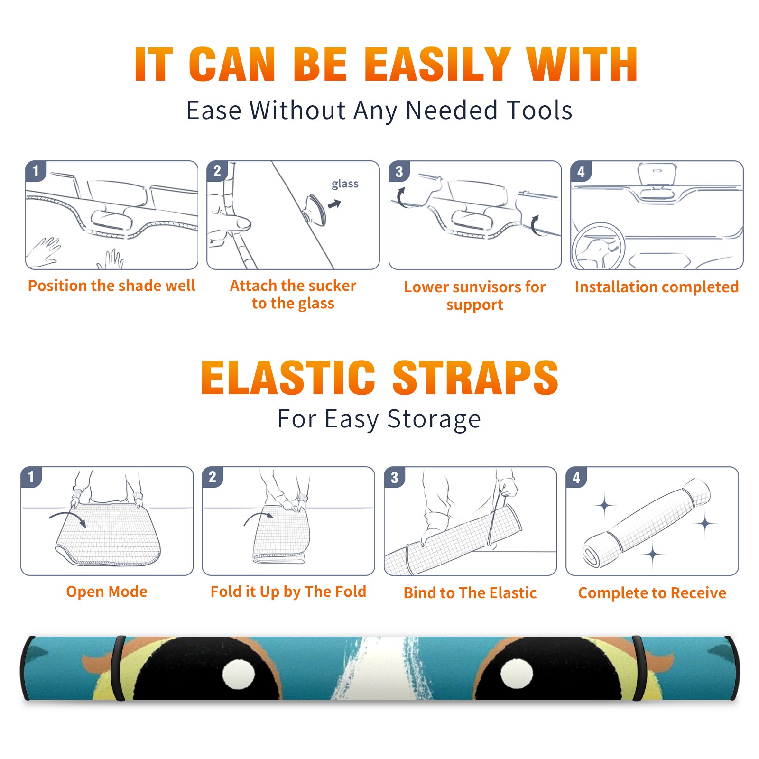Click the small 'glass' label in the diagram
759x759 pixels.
pyautogui.click(x=345, y=184)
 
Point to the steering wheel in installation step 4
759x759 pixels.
pyautogui.click(x=598, y=247)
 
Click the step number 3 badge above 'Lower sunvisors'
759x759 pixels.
pyautogui.click(x=399, y=171)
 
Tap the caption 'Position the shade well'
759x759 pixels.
pyautogui.click(x=111, y=286)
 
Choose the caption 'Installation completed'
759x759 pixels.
pyautogui.click(x=657, y=287)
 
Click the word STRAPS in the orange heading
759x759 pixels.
pyautogui.click(x=475, y=378)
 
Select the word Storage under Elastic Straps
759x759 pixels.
pyautogui.click(x=434, y=419)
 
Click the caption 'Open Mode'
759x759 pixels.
pyautogui.click(x=107, y=592)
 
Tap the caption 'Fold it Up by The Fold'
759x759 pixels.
pyautogui.click(x=288, y=592)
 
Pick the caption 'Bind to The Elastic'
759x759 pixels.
pyautogui.click(x=470, y=593)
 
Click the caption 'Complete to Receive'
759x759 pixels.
pyautogui.click(x=652, y=593)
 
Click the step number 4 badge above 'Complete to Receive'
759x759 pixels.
pyautogui.click(x=576, y=477)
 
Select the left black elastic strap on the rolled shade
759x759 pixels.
pyautogui.click(x=118, y=668)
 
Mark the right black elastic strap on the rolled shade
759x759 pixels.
pyautogui.click(x=639, y=668)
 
